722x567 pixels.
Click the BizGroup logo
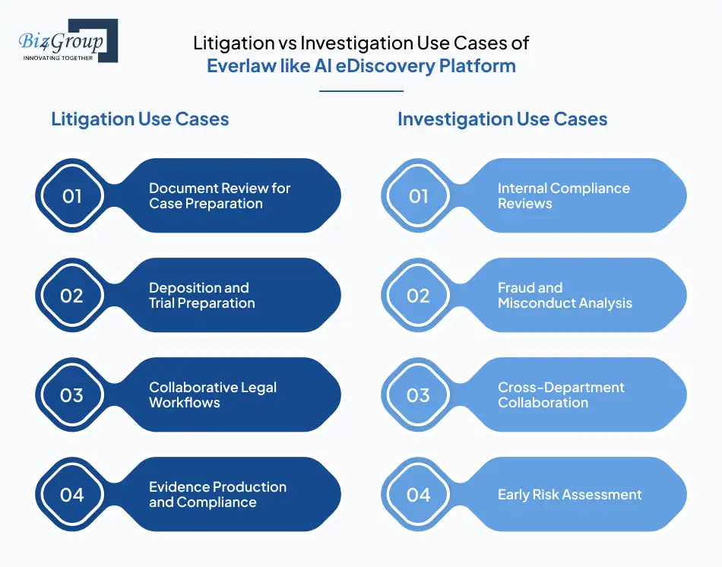pos(67,40)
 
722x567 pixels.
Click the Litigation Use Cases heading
pos(140,119)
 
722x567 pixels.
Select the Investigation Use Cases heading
pos(502,119)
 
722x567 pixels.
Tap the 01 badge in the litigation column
pos(71,196)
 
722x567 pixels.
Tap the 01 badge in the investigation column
pos(418,196)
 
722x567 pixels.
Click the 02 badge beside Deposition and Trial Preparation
pos(71,296)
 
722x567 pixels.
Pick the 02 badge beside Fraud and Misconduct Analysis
pos(418,296)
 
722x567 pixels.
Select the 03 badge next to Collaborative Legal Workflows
pos(71,395)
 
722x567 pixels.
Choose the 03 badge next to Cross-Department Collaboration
pos(418,395)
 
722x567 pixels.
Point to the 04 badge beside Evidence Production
pos(71,495)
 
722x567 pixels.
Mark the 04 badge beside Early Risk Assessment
pos(418,495)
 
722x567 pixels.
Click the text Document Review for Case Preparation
pos(219,196)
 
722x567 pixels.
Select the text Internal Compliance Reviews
pos(563,196)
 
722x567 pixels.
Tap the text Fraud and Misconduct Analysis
pos(565,296)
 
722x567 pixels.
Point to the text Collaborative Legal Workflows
pos(212,395)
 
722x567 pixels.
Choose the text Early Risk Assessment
pos(569,495)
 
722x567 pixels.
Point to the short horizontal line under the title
pos(361,91)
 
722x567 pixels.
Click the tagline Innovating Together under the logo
pos(58,58)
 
